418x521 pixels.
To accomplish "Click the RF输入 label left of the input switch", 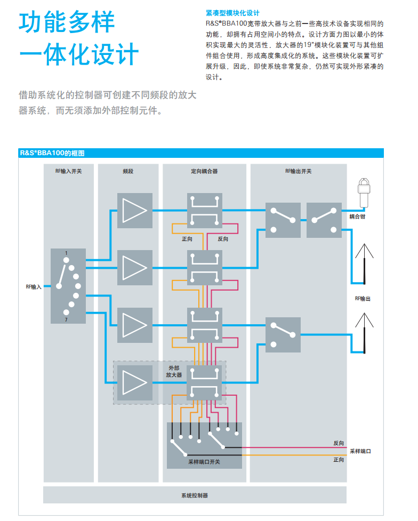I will pyautogui.click(x=34, y=286).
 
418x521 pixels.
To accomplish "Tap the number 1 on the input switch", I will pyautogui.click(x=66, y=253).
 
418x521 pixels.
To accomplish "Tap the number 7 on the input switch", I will pyautogui.click(x=66, y=319).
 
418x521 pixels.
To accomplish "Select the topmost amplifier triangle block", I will pyautogui.click(x=135, y=211).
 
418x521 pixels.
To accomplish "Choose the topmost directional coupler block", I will pyautogui.click(x=204, y=211).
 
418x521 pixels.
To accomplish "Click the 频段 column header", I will pyautogui.click(x=128, y=171).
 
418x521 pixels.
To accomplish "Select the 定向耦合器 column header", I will pyautogui.click(x=204, y=171).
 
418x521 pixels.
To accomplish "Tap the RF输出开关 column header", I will pyautogui.click(x=298, y=171).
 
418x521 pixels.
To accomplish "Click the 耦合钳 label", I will pyautogui.click(x=357, y=217).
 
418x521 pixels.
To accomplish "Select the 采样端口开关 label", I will pyautogui.click(x=204, y=462).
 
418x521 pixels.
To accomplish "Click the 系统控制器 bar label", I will pyautogui.click(x=195, y=495).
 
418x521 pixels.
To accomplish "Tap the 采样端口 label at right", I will pyautogui.click(x=360, y=451).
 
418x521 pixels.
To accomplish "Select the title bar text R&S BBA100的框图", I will pyautogui.click(x=52, y=153).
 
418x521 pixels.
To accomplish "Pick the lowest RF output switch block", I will pyautogui.click(x=283, y=335).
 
